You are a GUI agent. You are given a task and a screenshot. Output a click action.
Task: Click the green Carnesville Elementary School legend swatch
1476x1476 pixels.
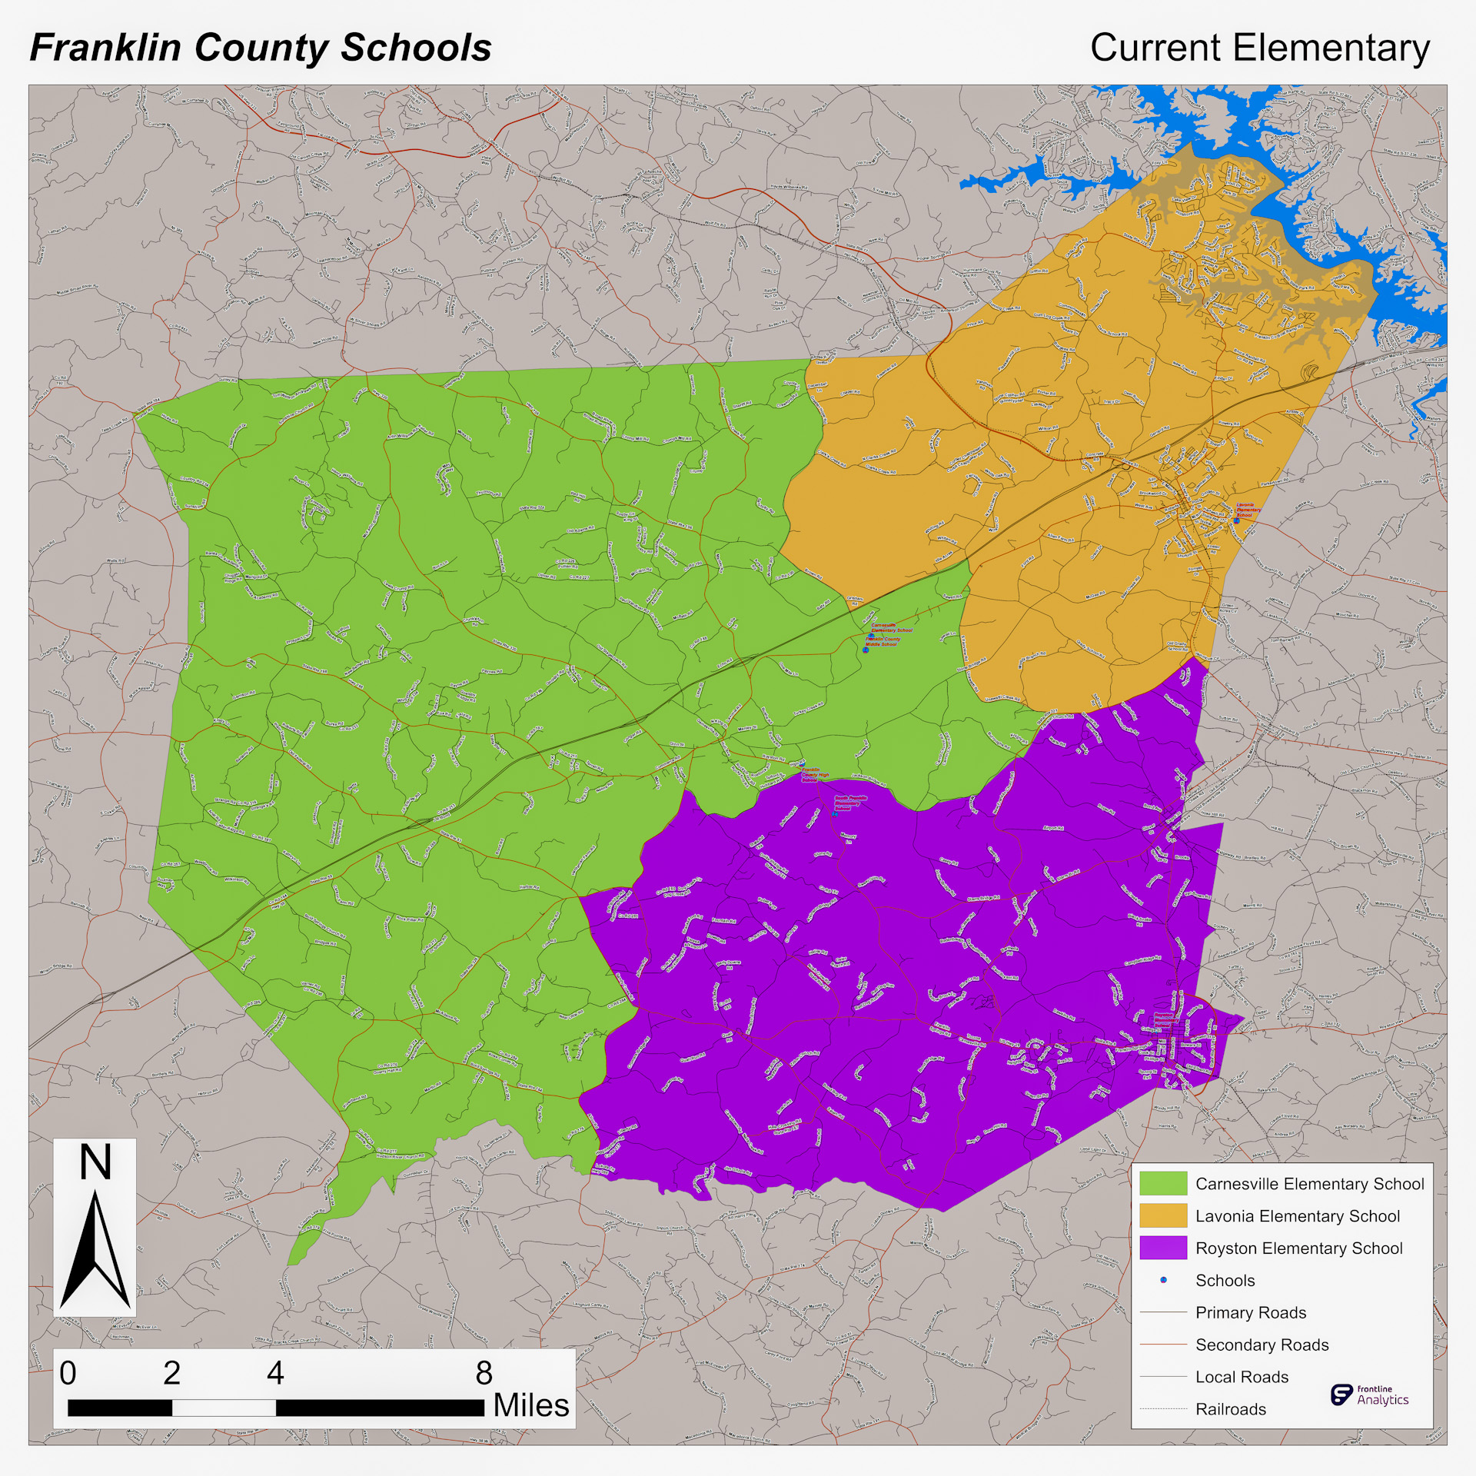pos(1163,1184)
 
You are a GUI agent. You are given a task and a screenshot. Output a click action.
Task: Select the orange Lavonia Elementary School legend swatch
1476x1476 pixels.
pos(1163,1216)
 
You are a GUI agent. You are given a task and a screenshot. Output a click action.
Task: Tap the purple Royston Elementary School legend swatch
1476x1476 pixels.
pos(1163,1248)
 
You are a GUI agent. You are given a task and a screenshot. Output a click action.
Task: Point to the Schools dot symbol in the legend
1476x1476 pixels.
pos(1163,1280)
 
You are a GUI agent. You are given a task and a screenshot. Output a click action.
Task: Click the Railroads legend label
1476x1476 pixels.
pos(1230,1409)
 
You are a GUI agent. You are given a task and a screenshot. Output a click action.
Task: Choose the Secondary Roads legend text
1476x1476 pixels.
pos(1262,1345)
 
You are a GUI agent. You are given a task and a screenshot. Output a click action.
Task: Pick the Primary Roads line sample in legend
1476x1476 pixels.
pos(1163,1312)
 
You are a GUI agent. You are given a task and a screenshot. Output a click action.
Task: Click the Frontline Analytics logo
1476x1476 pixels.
pos(1369,1395)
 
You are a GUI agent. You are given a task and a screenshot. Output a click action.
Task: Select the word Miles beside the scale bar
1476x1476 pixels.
pos(530,1405)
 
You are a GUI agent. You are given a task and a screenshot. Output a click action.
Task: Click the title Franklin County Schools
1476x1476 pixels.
pos(261,48)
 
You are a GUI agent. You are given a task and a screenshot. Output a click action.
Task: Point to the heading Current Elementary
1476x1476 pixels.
pos(1259,48)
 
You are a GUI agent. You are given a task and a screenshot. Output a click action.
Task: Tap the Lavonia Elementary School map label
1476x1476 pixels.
pos(1248,510)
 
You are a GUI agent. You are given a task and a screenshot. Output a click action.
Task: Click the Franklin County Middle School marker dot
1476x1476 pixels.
pos(866,650)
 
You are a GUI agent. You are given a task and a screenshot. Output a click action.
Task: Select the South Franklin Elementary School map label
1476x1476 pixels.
pos(850,803)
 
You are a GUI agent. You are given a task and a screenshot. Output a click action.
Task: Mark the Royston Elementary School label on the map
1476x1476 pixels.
pos(1165,1020)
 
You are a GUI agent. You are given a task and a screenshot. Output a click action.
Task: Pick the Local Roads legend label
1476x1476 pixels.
pos(1242,1377)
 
